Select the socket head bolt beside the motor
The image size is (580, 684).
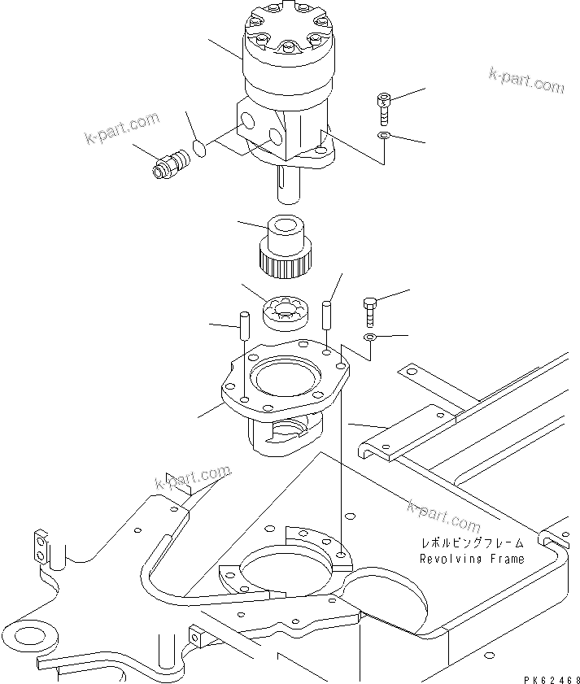tap(384, 107)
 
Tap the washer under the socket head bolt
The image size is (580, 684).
tap(385, 135)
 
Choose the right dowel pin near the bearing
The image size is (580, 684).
tap(327, 313)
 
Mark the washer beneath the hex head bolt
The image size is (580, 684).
tap(369, 337)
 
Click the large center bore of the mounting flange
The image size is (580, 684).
tap(285, 379)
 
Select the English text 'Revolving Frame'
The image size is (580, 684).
tap(472, 559)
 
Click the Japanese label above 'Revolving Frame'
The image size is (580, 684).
tap(472, 542)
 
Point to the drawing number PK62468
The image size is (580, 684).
tap(542, 672)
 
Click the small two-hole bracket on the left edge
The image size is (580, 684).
tap(41, 547)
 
